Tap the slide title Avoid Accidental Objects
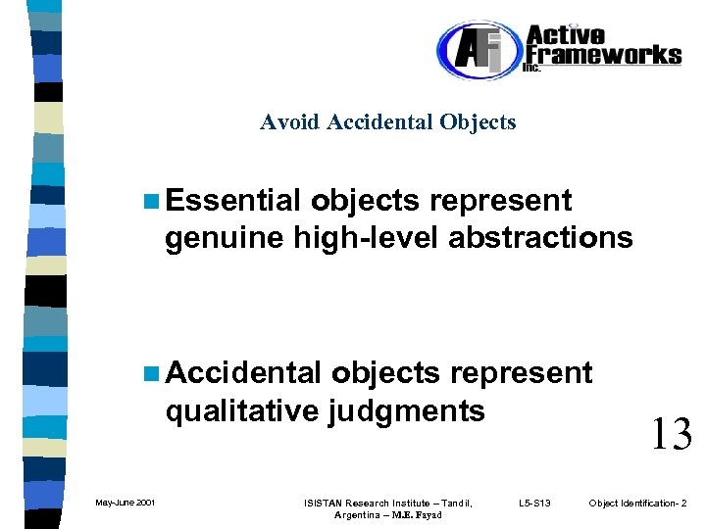click(387, 122)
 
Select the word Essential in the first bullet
click(232, 201)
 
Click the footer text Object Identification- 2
click(637, 503)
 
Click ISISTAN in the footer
click(328, 503)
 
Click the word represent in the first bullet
click(501, 201)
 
